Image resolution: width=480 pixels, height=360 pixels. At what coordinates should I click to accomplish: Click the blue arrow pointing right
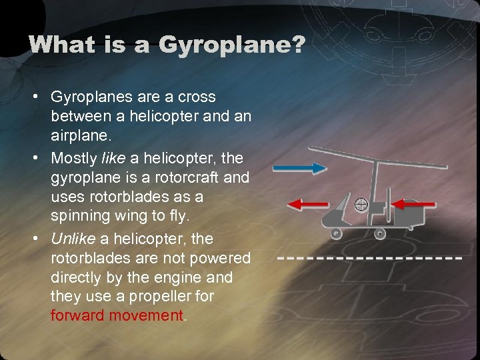coord(299,168)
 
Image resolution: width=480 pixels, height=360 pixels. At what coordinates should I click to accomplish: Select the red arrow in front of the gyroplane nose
coord(307,203)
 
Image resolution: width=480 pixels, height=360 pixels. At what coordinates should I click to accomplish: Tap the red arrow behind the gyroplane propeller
coord(413,203)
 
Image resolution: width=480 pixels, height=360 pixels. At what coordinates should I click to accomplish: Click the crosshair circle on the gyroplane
coord(360,204)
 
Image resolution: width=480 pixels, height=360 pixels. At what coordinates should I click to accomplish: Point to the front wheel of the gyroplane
coord(336,233)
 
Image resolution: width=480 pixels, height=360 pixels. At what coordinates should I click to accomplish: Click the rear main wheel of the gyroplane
coord(379,233)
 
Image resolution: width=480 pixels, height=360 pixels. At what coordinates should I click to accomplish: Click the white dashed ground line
coord(370,257)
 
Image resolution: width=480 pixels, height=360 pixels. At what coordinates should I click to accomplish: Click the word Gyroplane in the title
coord(229,45)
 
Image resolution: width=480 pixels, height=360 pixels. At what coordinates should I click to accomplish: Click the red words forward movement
coord(116,315)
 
